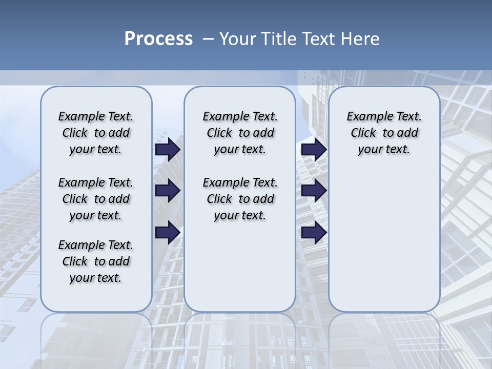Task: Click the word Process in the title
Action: pyautogui.click(x=158, y=39)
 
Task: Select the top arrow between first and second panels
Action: pyautogui.click(x=168, y=150)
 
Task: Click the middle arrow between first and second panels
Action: pyautogui.click(x=168, y=191)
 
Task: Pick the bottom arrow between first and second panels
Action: pyautogui.click(x=168, y=233)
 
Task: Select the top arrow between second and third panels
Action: pyautogui.click(x=314, y=150)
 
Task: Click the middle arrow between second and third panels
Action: pyautogui.click(x=314, y=191)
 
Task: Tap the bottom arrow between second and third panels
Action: pyautogui.click(x=314, y=233)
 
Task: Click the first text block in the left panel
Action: pyautogui.click(x=96, y=133)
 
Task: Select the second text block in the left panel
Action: pyautogui.click(x=96, y=199)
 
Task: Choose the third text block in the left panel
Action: pyautogui.click(x=96, y=261)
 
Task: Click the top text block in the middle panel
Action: pyautogui.click(x=240, y=133)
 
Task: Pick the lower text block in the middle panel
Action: pyautogui.click(x=240, y=199)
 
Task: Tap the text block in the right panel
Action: pyautogui.click(x=384, y=133)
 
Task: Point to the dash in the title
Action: pyautogui.click(x=208, y=39)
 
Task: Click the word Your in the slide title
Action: pyautogui.click(x=238, y=39)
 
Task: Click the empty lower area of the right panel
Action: pyautogui.click(x=384, y=241)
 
